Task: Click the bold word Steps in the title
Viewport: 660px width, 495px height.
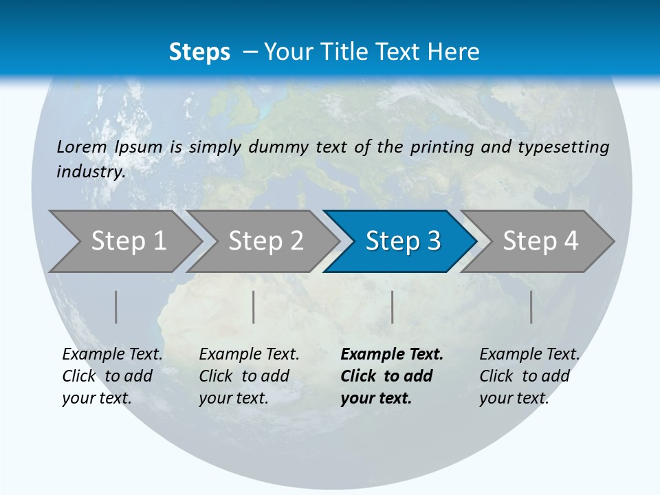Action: [x=199, y=52]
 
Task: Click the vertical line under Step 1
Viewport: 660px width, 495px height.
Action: [x=116, y=307]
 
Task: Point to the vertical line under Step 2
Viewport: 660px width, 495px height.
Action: [x=254, y=307]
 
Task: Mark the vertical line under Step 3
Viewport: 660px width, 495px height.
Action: [x=392, y=307]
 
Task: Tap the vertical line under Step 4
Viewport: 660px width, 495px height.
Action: [x=531, y=307]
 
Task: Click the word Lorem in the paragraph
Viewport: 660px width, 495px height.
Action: [x=82, y=147]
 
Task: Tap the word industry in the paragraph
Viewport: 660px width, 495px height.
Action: [x=91, y=172]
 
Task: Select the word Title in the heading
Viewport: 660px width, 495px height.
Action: [x=377, y=52]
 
